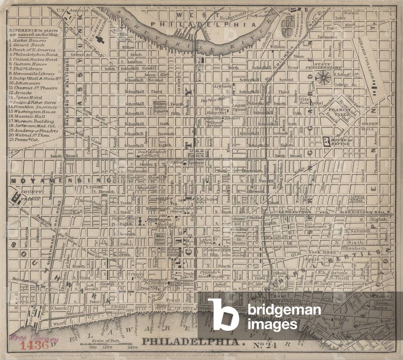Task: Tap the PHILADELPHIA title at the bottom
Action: pos(191,341)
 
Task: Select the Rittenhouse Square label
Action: pos(160,106)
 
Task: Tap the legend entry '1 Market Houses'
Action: pos(28,40)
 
